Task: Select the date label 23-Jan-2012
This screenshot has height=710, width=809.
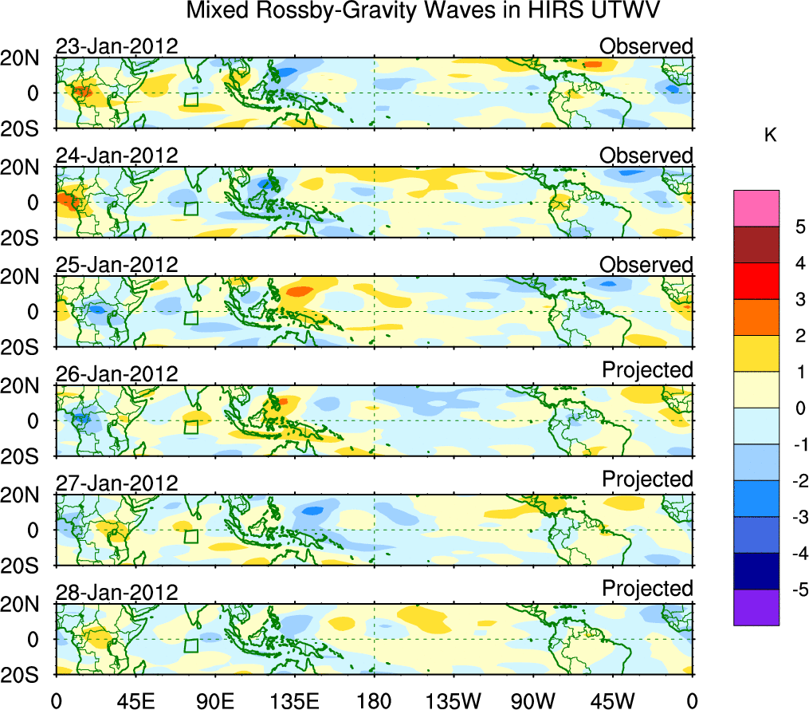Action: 116,46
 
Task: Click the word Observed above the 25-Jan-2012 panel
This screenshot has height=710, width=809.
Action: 646,265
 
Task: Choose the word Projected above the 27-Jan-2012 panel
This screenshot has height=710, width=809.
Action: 647,479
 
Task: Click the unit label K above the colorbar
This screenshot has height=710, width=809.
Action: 770,136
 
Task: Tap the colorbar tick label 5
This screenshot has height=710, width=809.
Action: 799,227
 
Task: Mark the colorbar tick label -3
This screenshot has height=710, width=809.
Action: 796,518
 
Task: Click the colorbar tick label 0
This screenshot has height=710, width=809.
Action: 799,408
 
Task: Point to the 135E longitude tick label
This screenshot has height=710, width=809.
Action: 294,701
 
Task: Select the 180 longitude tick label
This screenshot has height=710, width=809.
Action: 374,701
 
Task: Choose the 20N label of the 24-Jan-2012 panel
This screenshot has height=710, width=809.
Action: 27,168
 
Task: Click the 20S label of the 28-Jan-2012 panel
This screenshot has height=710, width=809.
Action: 27,674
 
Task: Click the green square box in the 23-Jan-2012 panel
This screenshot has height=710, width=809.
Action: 190,99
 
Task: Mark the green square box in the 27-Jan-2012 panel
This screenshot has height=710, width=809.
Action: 190,536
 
